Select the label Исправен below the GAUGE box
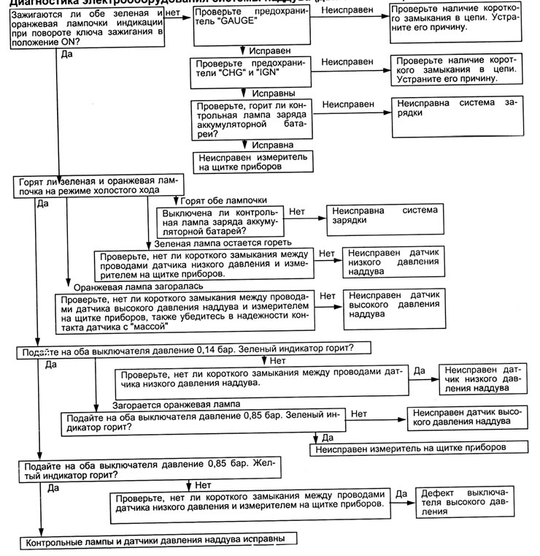click(x=271, y=52)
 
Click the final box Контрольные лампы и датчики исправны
click(x=158, y=541)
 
